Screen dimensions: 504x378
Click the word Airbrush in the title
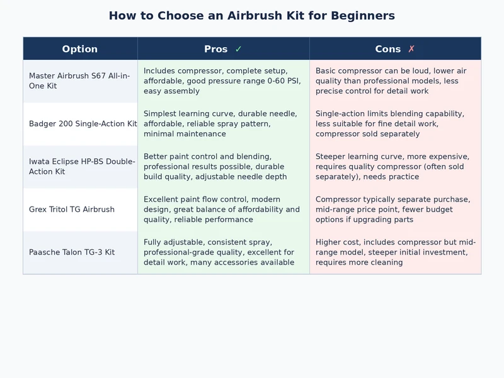tap(255, 15)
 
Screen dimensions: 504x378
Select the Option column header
tap(80, 49)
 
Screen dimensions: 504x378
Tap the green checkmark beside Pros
tap(238, 49)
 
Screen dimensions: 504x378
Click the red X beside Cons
tap(411, 49)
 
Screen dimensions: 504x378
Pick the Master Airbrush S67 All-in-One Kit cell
tap(79, 81)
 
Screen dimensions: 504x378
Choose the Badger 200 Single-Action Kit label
tap(83, 123)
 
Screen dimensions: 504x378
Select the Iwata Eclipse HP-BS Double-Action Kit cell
tap(82, 166)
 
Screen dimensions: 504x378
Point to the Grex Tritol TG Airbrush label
tap(72, 209)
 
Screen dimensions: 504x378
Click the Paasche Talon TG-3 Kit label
tap(72, 253)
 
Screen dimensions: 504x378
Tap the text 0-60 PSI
tap(284, 81)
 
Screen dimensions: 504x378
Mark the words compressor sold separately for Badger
tap(367, 134)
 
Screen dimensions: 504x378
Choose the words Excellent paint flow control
tap(195, 199)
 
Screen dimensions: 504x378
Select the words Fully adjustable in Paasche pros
tap(173, 242)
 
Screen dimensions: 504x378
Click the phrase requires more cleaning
tap(359, 262)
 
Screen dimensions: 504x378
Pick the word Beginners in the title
tap(363, 15)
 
